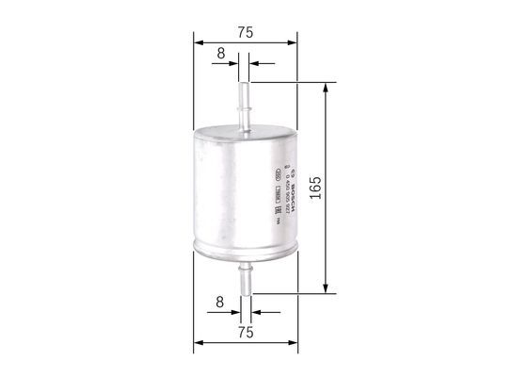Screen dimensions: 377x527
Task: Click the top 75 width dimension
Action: pos(245,32)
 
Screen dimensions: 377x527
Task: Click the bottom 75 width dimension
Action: pos(245,332)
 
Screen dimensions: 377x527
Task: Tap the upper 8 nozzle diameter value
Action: pos(220,53)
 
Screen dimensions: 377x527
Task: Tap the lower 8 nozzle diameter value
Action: pos(220,303)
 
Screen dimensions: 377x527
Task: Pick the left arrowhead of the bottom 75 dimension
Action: pos(197,343)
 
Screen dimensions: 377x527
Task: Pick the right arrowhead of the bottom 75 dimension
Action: pos(293,343)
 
